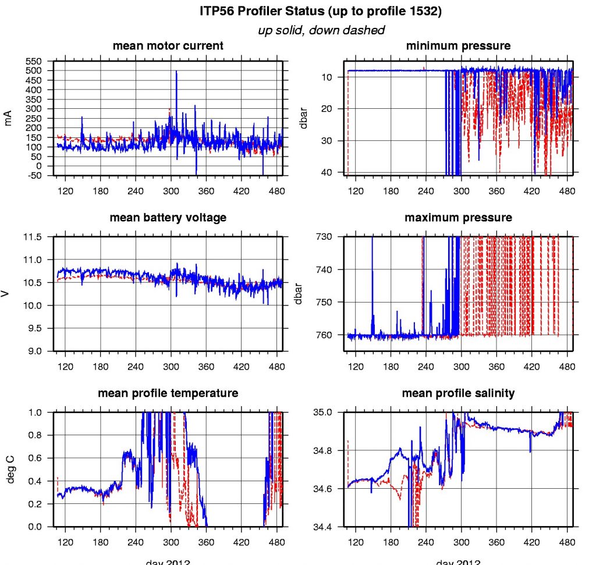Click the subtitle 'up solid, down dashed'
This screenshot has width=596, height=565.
(x=321, y=30)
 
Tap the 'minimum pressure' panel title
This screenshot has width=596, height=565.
(x=458, y=45)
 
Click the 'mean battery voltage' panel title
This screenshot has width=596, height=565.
(x=168, y=218)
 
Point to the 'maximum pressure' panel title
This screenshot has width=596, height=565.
(x=458, y=218)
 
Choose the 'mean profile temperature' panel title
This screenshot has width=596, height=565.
(x=168, y=393)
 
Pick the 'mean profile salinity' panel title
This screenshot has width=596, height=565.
(x=458, y=393)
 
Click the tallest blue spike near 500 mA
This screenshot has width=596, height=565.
(x=176, y=72)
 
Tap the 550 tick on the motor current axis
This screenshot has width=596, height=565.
(x=34, y=61)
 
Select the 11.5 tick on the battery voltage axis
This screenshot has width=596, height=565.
(x=34, y=237)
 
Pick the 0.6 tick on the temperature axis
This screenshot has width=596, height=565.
(x=36, y=458)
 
